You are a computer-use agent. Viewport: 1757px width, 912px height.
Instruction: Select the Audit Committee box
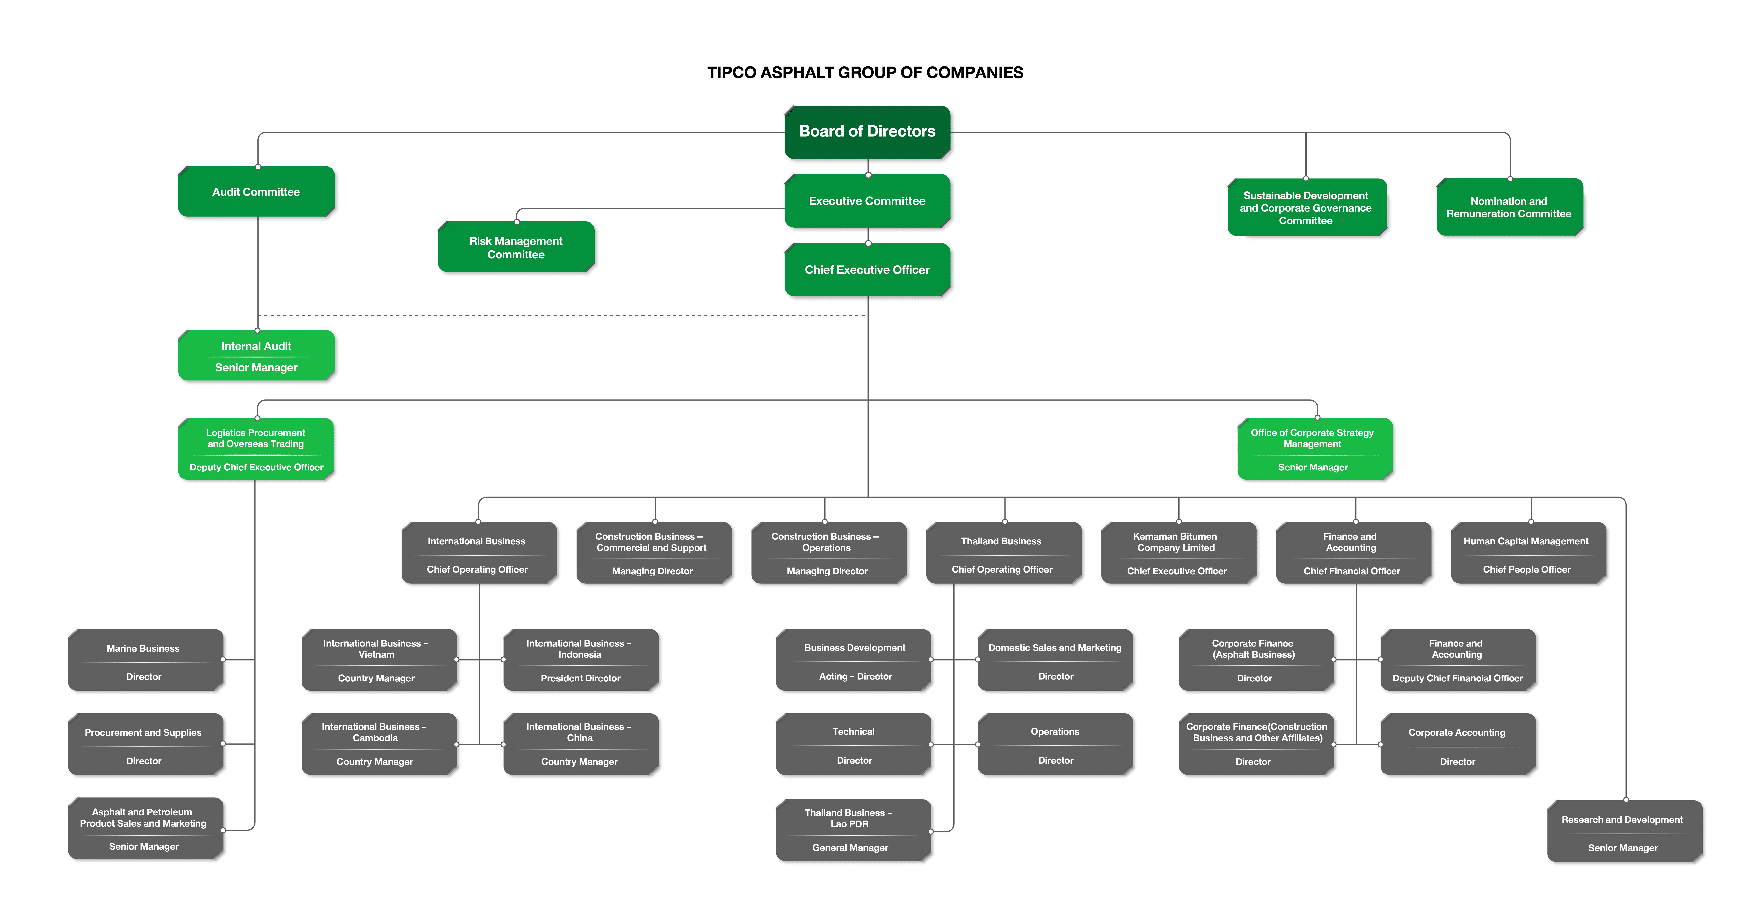[256, 192]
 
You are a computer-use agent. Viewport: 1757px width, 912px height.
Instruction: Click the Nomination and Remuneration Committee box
[1509, 207]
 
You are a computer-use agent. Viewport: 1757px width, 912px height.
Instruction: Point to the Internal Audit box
[256, 355]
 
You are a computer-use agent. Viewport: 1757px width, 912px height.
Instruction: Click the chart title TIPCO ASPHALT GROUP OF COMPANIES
[865, 72]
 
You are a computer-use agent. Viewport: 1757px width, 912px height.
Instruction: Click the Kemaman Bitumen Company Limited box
[1179, 552]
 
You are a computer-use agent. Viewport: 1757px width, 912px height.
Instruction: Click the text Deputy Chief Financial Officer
[1458, 678]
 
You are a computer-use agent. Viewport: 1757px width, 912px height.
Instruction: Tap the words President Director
[581, 678]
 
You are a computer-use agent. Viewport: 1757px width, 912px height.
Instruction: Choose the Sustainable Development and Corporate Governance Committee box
[1307, 207]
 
